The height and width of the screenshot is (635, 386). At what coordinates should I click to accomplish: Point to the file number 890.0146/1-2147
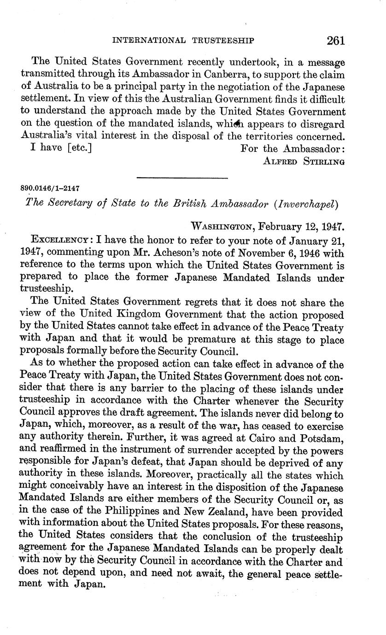tap(50, 188)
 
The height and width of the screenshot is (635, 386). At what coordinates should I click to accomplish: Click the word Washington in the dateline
tap(222, 226)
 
